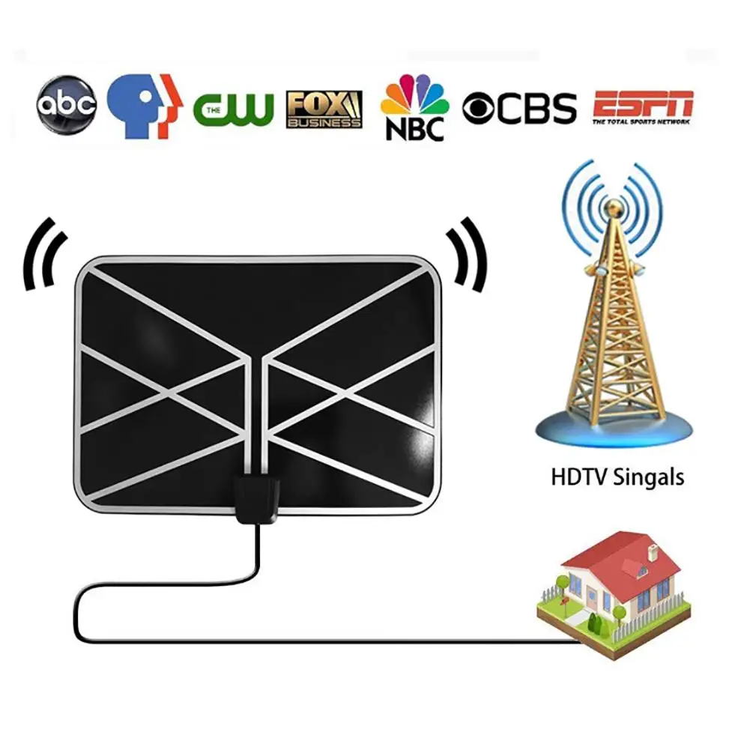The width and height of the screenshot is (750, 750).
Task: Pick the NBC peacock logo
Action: [415, 98]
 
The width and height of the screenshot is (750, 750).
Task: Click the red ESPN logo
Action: [643, 103]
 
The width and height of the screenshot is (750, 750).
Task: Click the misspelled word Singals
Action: [647, 477]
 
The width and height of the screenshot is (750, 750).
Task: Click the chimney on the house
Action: [652, 554]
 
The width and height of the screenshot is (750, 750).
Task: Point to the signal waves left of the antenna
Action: [41, 255]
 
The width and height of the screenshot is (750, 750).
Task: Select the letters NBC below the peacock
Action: [414, 127]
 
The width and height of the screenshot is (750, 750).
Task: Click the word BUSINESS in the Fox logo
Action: [324, 121]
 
